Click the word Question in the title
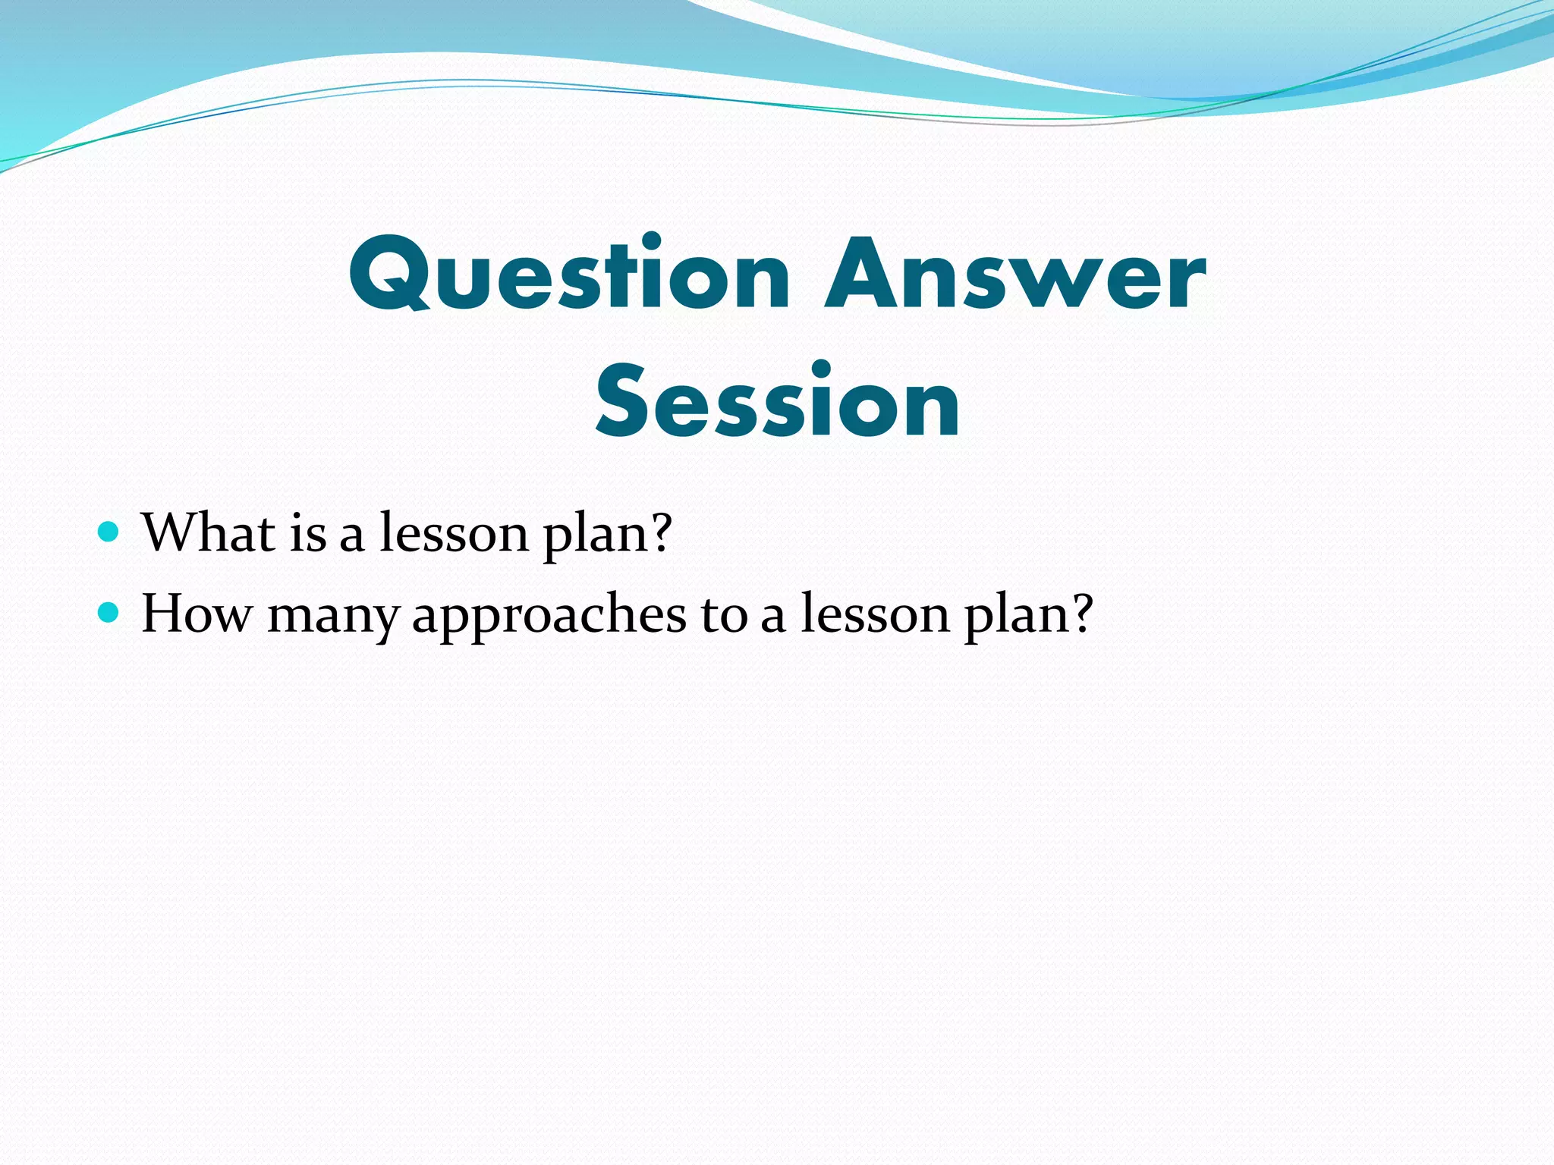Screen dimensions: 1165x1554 point(569,275)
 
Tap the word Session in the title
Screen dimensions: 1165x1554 point(778,402)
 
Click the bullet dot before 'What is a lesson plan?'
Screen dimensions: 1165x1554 point(109,531)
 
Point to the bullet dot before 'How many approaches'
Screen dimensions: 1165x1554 point(109,611)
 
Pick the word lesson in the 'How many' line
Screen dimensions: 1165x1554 point(876,613)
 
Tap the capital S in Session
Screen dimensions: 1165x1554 point(629,402)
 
